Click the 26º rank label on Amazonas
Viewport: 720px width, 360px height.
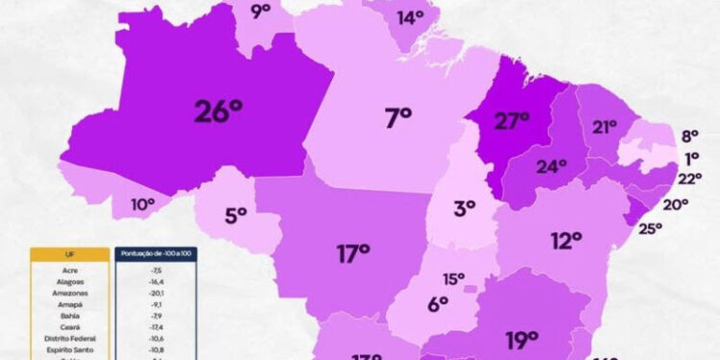pyautogui.click(x=218, y=110)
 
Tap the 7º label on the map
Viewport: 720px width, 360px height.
pyautogui.click(x=397, y=118)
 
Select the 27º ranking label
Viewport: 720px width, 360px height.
pyautogui.click(x=512, y=120)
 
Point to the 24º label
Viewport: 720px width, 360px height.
pyautogui.click(x=551, y=166)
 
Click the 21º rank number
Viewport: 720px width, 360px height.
pyautogui.click(x=605, y=127)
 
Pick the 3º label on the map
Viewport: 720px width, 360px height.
pyautogui.click(x=465, y=207)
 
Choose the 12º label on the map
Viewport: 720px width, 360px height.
pyautogui.click(x=566, y=239)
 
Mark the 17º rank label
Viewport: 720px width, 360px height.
pyautogui.click(x=353, y=253)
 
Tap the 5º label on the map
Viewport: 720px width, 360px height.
pyautogui.click(x=236, y=215)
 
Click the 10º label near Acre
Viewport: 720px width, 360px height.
pyautogui.click(x=143, y=204)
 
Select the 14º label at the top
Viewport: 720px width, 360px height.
pyautogui.click(x=410, y=17)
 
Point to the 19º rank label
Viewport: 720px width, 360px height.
pyautogui.click(x=522, y=339)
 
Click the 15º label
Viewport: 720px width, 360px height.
pyautogui.click(x=453, y=279)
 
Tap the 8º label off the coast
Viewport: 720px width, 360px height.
pyautogui.click(x=690, y=136)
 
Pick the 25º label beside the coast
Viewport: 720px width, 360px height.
pyautogui.click(x=650, y=228)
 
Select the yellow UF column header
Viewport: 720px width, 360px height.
pyautogui.click(x=69, y=253)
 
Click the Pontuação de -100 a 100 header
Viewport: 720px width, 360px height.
pyautogui.click(x=156, y=253)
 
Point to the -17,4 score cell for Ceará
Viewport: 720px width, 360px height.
pyautogui.click(x=156, y=328)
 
